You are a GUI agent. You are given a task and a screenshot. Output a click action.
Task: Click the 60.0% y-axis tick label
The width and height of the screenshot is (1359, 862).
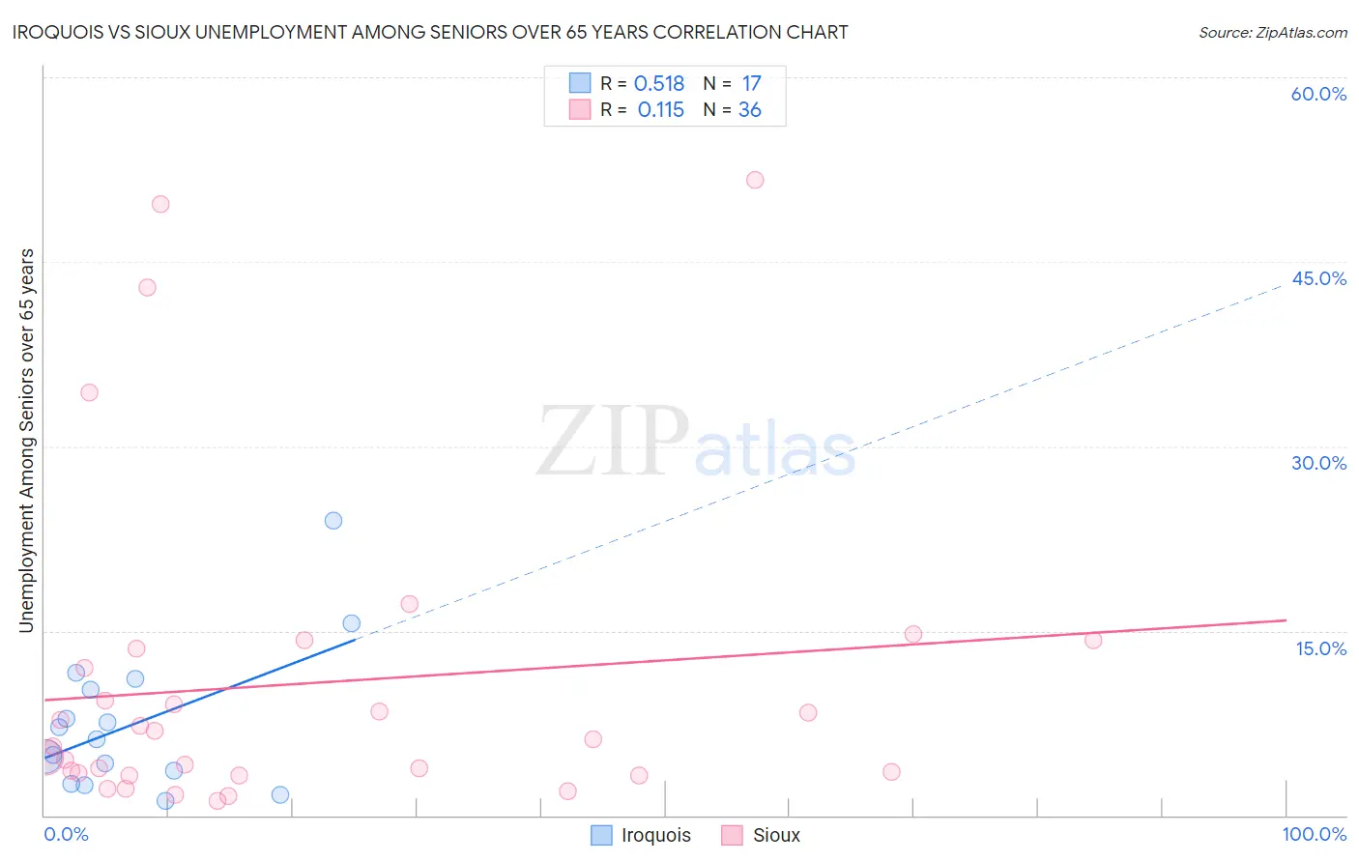(1318, 94)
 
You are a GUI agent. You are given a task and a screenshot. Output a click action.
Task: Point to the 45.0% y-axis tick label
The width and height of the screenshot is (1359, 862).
(1318, 278)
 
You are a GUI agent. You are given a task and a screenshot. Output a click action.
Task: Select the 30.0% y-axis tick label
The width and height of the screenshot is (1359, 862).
(1318, 463)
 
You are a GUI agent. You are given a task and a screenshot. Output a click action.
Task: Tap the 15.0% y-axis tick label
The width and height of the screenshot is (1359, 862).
(1320, 648)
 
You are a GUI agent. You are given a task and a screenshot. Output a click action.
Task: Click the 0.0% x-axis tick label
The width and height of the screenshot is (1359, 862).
(66, 834)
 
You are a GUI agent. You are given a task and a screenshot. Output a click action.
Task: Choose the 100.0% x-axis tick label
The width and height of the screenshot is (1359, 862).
(1314, 834)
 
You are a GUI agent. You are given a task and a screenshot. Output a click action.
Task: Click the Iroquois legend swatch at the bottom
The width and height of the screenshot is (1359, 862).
(601, 835)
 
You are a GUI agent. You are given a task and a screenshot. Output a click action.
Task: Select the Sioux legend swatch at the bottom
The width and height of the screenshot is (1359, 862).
(732, 835)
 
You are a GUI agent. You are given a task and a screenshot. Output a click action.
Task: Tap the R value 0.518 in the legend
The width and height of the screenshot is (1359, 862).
(659, 84)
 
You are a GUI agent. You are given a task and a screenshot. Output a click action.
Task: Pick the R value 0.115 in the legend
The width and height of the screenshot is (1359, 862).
(661, 110)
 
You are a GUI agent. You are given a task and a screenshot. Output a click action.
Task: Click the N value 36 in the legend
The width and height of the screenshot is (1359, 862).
(750, 110)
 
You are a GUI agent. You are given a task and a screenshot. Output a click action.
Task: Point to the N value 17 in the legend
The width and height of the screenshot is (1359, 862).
(751, 84)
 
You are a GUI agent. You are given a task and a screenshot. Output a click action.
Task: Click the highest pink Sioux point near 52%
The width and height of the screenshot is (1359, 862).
(755, 180)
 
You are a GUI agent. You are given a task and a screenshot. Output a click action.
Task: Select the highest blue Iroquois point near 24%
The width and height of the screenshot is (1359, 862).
(333, 521)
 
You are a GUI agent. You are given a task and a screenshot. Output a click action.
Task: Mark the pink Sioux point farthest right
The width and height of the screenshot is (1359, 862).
(1093, 640)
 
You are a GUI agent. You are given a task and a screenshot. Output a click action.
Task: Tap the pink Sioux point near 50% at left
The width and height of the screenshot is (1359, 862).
(160, 204)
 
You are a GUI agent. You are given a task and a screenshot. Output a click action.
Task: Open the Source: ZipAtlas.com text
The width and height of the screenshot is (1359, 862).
(1272, 33)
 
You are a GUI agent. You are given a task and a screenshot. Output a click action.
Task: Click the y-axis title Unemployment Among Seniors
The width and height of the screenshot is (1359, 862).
(26, 441)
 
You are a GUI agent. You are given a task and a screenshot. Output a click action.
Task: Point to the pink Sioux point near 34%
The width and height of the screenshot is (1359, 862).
(89, 392)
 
